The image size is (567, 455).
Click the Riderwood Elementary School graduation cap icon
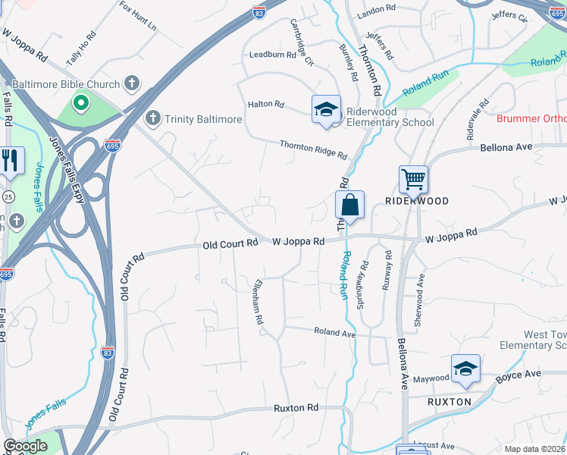326,109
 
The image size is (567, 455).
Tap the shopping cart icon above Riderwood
413,180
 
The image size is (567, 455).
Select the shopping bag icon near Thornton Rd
349,205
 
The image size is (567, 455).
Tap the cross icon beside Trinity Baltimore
153,118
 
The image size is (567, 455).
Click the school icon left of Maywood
465,369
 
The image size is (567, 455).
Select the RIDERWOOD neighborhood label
417,201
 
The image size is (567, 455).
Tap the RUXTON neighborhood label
450,401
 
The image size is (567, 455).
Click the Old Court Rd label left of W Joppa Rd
231,243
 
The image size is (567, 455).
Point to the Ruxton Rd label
296,408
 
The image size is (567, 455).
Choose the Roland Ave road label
334,332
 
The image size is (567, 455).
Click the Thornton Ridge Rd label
313,149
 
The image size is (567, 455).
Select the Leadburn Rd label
271,55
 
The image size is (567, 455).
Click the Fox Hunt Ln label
138,15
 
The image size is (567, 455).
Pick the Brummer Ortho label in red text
531,118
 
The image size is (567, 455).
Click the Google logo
26,446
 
